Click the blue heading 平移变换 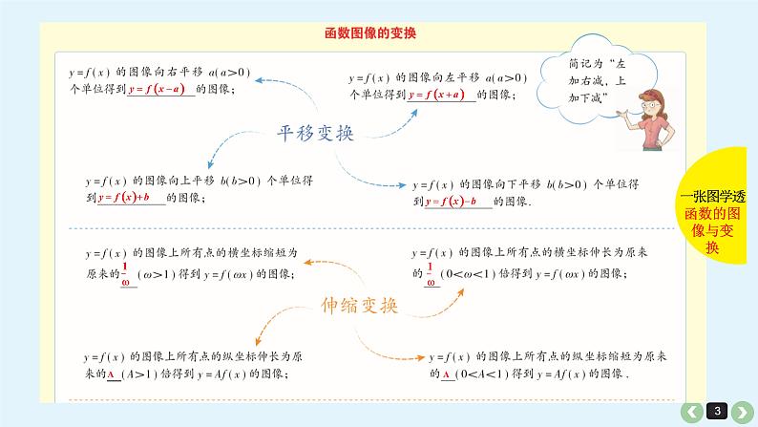[315, 133]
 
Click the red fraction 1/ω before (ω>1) [125, 271]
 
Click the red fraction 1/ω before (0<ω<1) [432, 272]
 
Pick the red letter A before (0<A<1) [446, 374]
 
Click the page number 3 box [719, 412]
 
